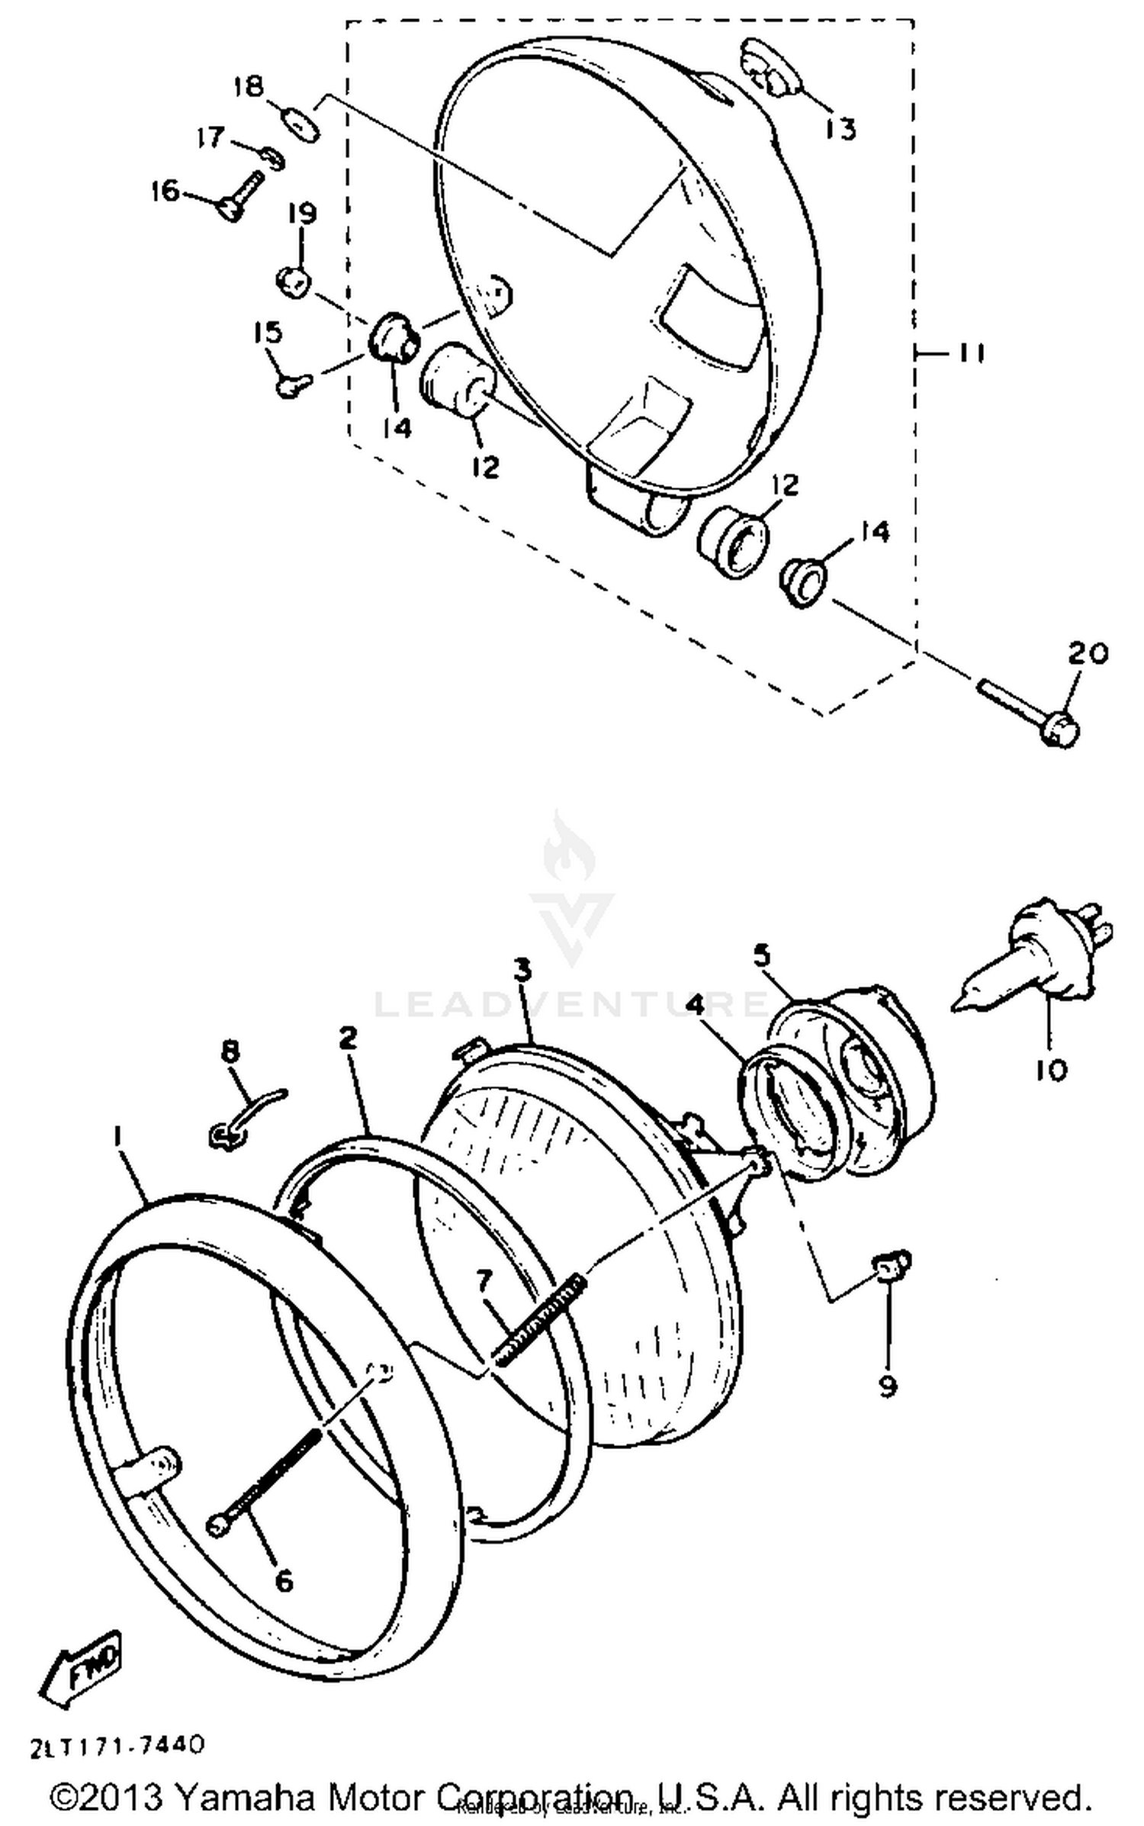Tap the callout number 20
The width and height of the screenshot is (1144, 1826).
click(x=1087, y=655)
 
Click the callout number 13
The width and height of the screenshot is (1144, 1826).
click(x=840, y=128)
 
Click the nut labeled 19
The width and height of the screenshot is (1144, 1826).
click(x=293, y=279)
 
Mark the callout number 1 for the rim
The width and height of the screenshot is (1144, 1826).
click(x=117, y=1138)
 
